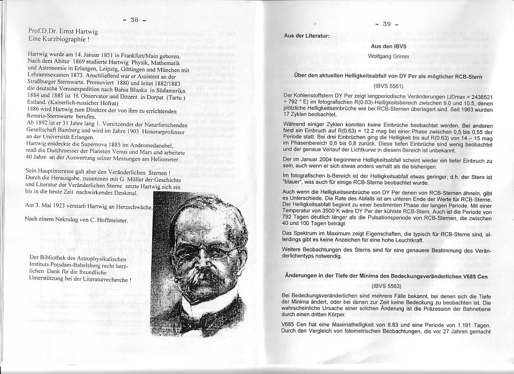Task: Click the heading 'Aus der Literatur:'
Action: tap(306, 36)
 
